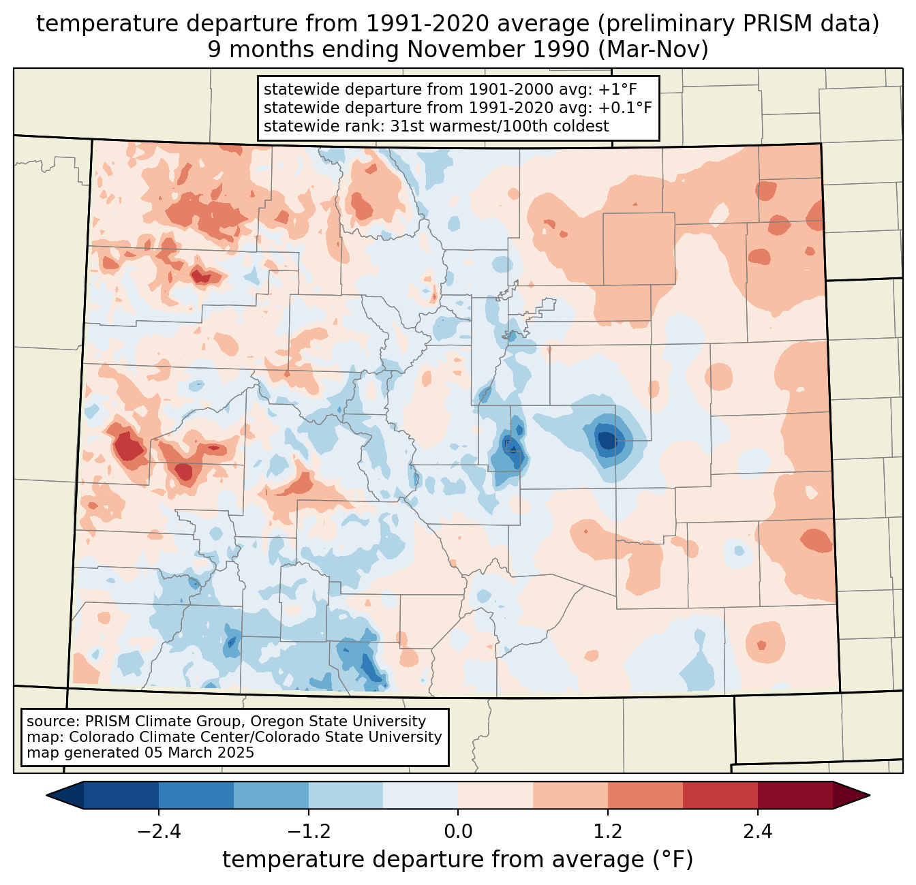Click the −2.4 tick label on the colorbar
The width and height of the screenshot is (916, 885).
[x=159, y=832]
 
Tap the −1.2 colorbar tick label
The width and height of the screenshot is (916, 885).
[x=309, y=832]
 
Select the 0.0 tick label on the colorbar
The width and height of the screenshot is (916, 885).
[x=458, y=832]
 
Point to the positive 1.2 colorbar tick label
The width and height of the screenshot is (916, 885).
[x=608, y=832]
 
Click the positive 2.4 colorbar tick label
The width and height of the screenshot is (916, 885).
[x=758, y=832]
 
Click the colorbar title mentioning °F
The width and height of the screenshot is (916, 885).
[x=458, y=860]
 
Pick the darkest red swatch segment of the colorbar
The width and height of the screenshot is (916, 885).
[x=795, y=795]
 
